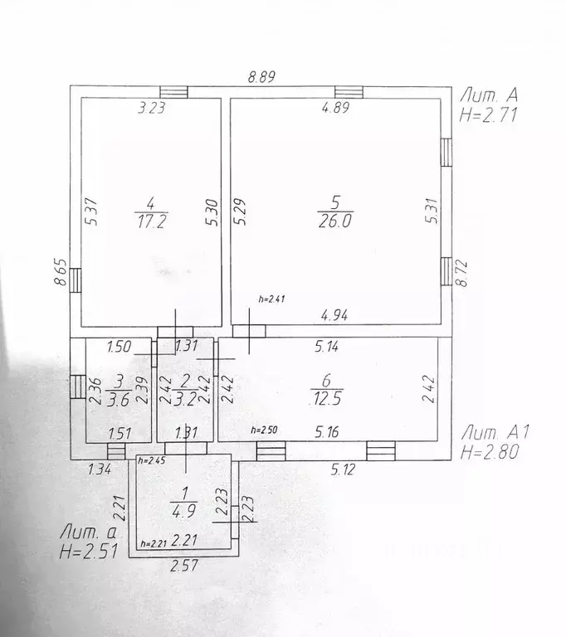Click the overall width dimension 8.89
[262, 76]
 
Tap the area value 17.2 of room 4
[151, 221]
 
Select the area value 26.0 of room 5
[335, 221]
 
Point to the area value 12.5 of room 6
[326, 398]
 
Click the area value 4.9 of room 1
[183, 511]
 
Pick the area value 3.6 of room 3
[118, 400]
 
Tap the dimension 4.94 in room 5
[334, 315]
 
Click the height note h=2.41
[271, 299]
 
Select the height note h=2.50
[264, 430]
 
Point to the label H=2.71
[488, 115]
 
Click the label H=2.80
[490, 452]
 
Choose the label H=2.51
[89, 552]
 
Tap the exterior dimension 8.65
[61, 272]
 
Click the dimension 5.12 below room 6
[343, 469]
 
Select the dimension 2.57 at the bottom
[184, 565]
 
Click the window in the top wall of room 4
[173, 92]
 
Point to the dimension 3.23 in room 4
[152, 108]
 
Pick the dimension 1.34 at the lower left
[100, 469]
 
